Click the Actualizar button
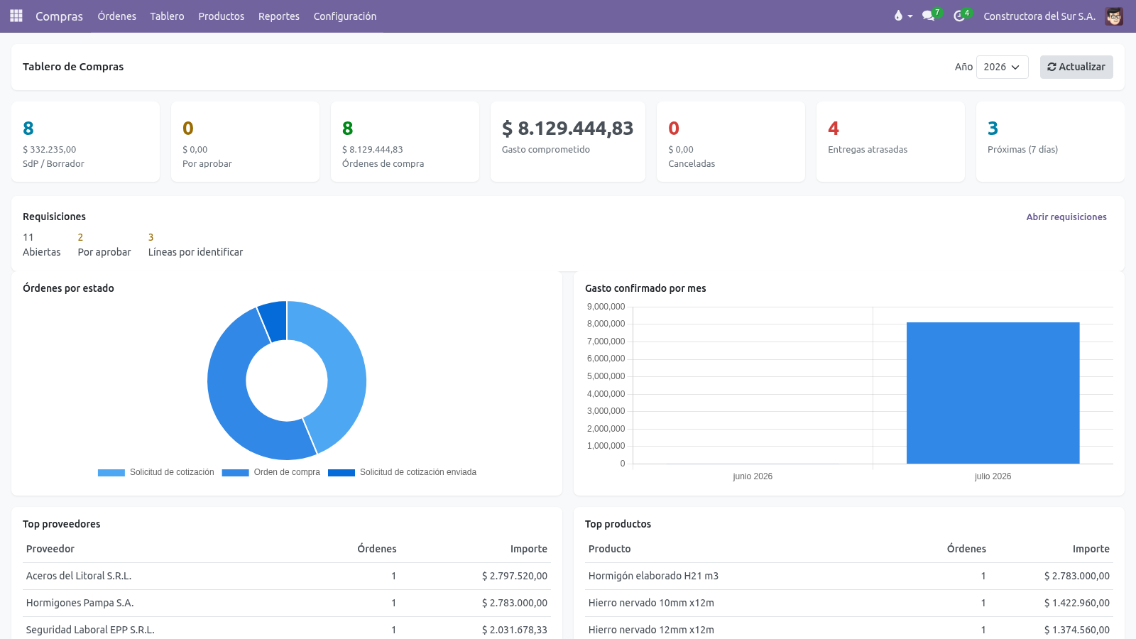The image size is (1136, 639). tap(1076, 67)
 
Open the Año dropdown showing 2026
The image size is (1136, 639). tap(1002, 67)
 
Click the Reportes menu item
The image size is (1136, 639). tap(279, 16)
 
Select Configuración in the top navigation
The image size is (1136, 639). tap(345, 16)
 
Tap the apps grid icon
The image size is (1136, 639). tap(16, 16)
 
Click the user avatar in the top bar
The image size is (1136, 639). tap(1114, 16)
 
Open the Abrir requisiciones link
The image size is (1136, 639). tap(1066, 217)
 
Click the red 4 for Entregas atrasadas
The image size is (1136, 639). tap(834, 129)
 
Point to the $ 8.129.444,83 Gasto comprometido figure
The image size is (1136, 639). tap(567, 129)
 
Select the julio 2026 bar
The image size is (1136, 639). tap(993, 393)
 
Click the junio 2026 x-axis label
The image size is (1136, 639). tap(753, 476)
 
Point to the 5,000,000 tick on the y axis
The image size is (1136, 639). tap(606, 376)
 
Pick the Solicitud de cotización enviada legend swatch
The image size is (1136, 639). tap(342, 473)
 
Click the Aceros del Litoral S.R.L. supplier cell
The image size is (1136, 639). tap(79, 576)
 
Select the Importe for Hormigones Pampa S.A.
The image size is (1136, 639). tap(515, 603)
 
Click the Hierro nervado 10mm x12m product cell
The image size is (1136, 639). tap(651, 603)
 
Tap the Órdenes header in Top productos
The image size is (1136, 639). tap(966, 549)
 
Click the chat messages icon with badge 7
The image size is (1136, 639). tap(929, 16)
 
